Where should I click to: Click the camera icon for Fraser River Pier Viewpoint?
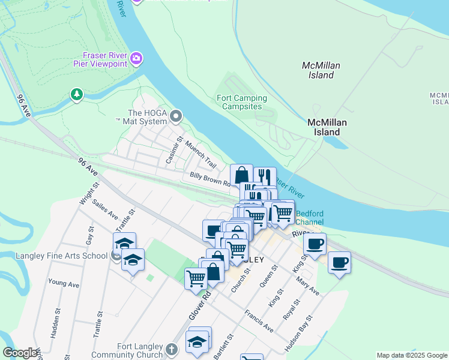click(137, 58)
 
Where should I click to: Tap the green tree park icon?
click(76, 94)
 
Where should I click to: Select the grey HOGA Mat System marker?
click(176, 116)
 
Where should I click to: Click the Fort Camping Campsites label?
click(239, 102)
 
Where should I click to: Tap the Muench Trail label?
click(200, 154)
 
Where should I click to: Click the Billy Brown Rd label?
click(210, 179)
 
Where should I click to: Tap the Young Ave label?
click(64, 282)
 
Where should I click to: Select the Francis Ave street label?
click(259, 322)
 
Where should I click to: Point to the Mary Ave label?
click(307, 284)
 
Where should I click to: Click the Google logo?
click(20, 353)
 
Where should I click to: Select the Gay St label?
click(90, 236)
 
